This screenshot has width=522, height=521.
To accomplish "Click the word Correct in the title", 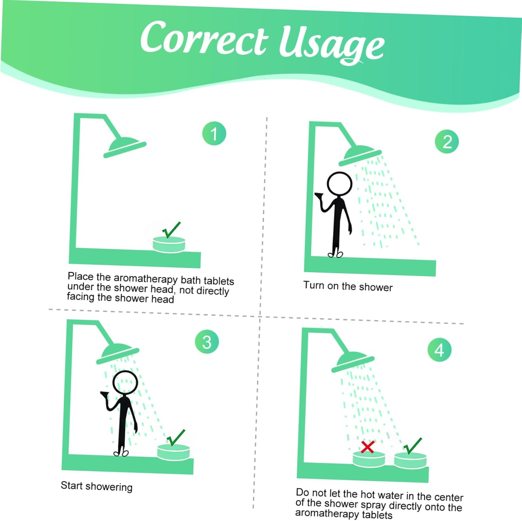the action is [205, 38].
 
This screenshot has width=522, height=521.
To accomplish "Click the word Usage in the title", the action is [332, 45].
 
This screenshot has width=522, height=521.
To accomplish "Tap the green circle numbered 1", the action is [214, 133].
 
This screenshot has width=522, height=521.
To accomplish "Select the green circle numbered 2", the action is [447, 141].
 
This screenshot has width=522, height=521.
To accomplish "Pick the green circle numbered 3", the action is [207, 342].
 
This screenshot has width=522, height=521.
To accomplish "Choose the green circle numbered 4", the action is [439, 350].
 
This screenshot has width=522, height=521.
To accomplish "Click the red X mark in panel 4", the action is [367, 447].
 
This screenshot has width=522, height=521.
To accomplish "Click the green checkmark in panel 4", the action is [412, 446].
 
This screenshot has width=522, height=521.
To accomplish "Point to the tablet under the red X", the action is [369, 459].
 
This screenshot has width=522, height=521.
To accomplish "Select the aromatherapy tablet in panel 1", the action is [169, 244].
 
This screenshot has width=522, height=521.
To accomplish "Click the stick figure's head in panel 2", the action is [340, 184].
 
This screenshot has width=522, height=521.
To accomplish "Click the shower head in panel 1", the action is [125, 147].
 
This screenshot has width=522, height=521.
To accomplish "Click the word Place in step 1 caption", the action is [81, 276].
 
